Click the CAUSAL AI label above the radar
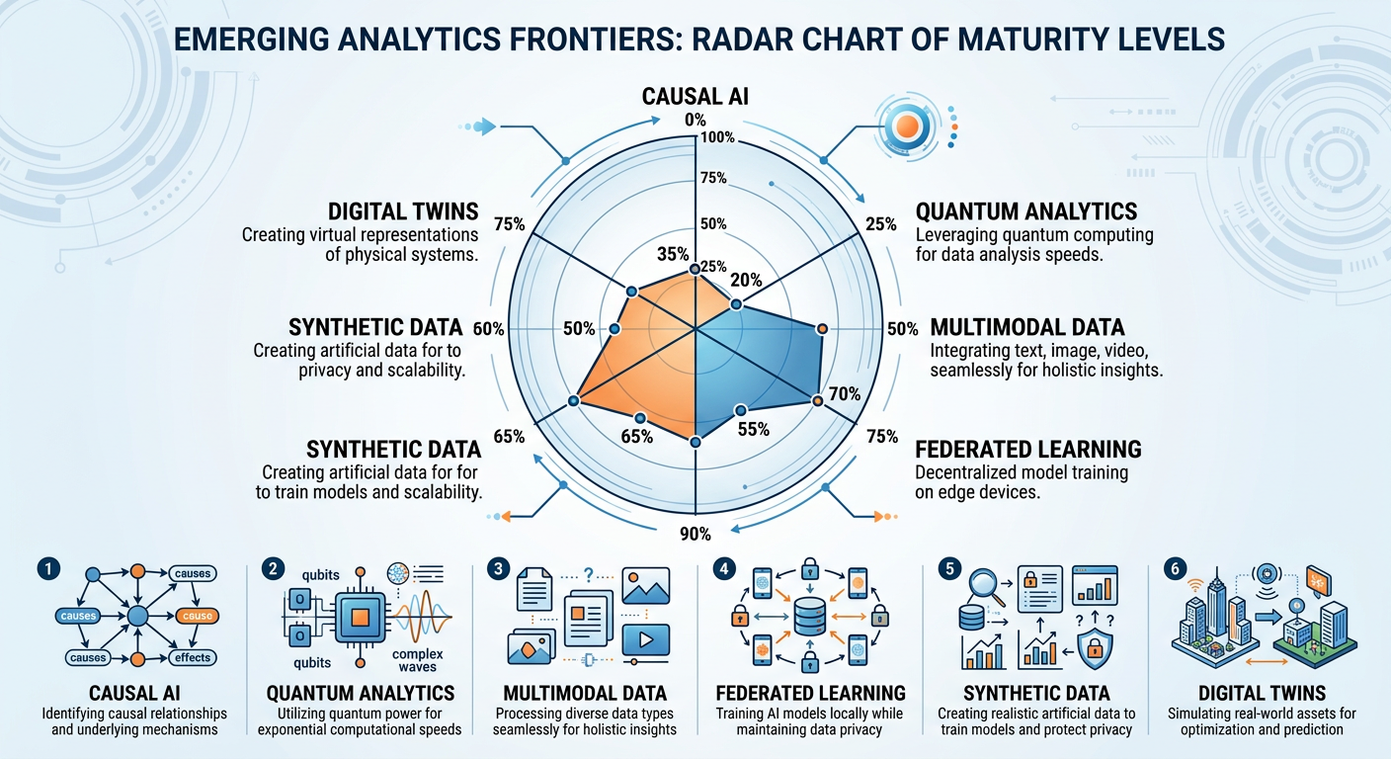pyautogui.click(x=695, y=97)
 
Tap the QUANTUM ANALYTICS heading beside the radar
pyautogui.click(x=1025, y=211)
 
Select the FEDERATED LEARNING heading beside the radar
pyautogui.click(x=1027, y=450)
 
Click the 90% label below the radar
pyautogui.click(x=695, y=535)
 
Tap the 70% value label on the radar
pyautogui.click(x=846, y=394)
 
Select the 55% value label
pyautogui.click(x=754, y=429)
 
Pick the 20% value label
pyautogui.click(x=746, y=281)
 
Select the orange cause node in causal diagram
pyautogui.click(x=194, y=616)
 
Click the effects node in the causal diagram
pyautogui.click(x=194, y=657)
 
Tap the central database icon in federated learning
pyautogui.click(x=808, y=616)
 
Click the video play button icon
pyautogui.click(x=647, y=639)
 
